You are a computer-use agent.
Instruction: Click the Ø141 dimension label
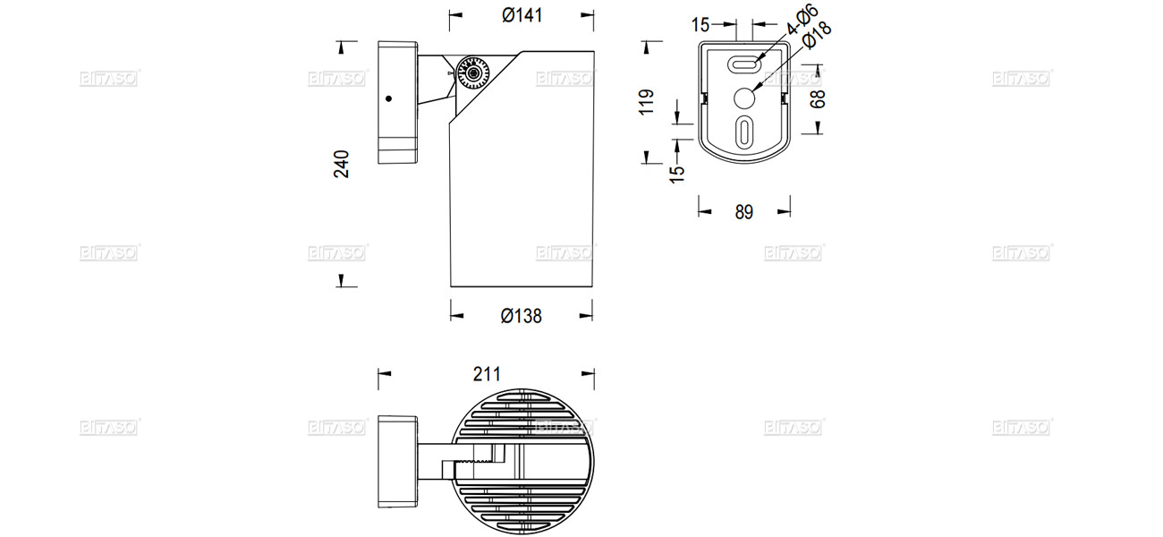click(x=522, y=15)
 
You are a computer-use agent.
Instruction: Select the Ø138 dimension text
click(x=522, y=316)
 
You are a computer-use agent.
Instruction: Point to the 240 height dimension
click(x=342, y=164)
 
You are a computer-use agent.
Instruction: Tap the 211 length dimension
click(x=486, y=374)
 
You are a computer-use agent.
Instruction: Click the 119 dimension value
click(x=649, y=101)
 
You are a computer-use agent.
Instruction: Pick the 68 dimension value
click(x=818, y=98)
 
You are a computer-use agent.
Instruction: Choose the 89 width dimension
click(x=743, y=212)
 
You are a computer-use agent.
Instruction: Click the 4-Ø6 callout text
click(x=802, y=20)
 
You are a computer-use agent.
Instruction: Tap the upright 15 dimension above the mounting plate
click(x=700, y=23)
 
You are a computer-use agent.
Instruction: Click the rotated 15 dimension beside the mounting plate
click(x=677, y=170)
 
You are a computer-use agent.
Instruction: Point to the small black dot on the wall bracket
click(x=389, y=98)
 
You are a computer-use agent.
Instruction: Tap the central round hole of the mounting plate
click(x=744, y=98)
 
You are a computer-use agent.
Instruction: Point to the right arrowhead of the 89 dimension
click(x=785, y=212)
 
